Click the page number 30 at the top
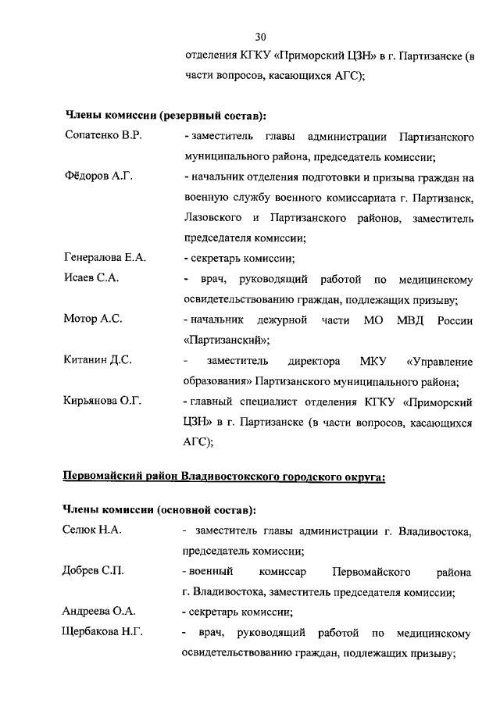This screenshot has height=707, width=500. [261, 36]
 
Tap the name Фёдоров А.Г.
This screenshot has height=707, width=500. [98, 177]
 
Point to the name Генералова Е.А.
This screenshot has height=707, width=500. [105, 259]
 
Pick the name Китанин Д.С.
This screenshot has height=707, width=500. [98, 360]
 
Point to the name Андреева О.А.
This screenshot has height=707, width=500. [99, 612]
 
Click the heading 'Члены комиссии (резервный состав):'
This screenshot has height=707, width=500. [165, 116]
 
